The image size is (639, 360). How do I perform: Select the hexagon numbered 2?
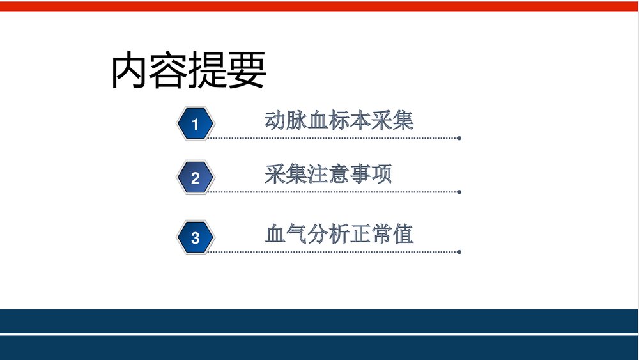tap(195, 178)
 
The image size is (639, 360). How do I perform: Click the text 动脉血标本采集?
tap(339, 120)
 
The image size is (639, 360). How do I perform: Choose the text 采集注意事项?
tap(328, 174)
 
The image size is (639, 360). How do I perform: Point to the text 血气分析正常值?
tap(339, 233)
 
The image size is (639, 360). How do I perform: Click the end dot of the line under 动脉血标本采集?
tap(459, 137)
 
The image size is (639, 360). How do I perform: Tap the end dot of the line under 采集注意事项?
tap(459, 191)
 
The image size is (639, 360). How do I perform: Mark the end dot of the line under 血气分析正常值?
tap(459, 251)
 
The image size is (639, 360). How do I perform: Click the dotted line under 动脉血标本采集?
tap(332, 137)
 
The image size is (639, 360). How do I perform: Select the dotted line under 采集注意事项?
tap(332, 191)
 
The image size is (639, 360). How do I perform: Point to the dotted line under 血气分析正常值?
tap(332, 251)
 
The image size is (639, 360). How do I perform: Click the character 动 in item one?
tap(275, 120)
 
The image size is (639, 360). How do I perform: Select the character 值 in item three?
tap(403, 233)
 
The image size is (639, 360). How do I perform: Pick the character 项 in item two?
tap(381, 174)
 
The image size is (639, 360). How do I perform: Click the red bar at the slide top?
tap(319, 6)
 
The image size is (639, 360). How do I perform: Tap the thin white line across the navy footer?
tap(319, 334)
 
